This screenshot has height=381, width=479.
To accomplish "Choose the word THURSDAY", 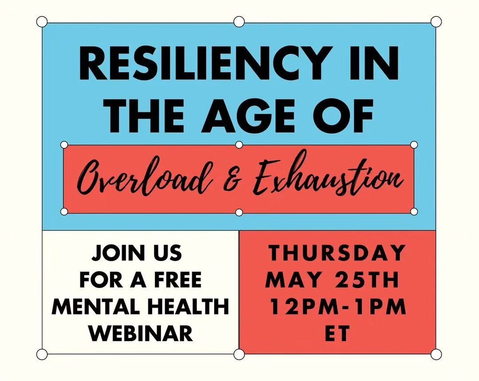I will [x=337, y=253].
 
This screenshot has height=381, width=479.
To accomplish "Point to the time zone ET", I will [x=337, y=333].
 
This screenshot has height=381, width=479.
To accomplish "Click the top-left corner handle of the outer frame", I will [x=42, y=22].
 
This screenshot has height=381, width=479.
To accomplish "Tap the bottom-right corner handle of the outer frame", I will [x=436, y=354].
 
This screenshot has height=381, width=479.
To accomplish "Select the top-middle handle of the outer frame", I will [x=239, y=22].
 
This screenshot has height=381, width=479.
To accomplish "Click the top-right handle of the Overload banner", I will [x=414, y=144].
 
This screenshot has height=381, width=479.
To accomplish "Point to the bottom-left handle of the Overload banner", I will [x=64, y=211].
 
